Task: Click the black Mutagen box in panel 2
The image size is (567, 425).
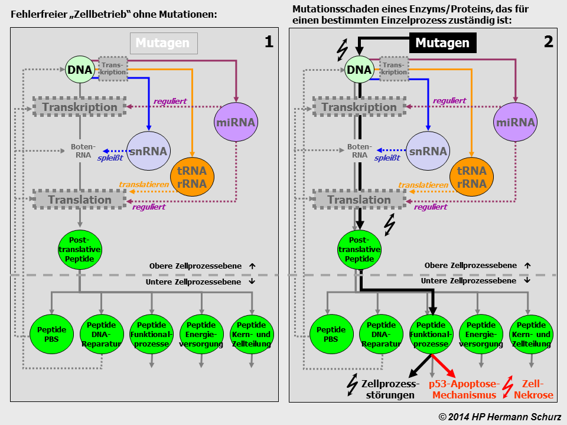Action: (x=442, y=43)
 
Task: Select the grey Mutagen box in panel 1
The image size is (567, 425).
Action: (x=163, y=43)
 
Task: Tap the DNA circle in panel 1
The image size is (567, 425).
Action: (x=80, y=70)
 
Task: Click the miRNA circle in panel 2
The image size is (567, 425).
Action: (x=515, y=123)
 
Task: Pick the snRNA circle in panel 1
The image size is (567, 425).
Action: (x=148, y=151)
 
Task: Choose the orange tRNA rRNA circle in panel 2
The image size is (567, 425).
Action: (x=471, y=178)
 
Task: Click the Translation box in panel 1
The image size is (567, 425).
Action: (x=80, y=200)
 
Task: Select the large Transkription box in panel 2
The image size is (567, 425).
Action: (x=359, y=107)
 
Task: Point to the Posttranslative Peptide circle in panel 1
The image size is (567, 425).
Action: (x=80, y=250)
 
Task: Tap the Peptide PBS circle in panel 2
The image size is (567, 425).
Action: (x=331, y=334)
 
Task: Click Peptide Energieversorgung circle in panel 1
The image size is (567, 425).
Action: (x=202, y=334)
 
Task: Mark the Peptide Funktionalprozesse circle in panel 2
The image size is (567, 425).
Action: (x=431, y=334)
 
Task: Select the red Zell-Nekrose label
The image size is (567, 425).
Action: (x=533, y=390)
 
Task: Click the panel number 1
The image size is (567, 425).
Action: (x=269, y=42)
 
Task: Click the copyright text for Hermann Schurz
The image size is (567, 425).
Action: (x=501, y=416)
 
